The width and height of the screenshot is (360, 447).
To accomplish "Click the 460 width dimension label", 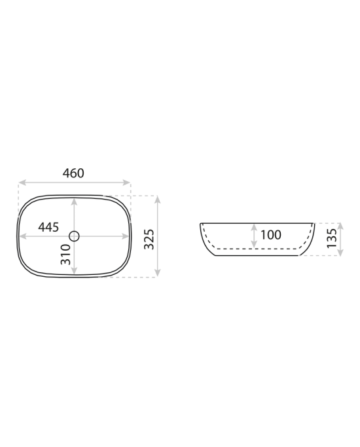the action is (x=73, y=173).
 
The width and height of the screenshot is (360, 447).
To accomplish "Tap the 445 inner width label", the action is (x=48, y=227).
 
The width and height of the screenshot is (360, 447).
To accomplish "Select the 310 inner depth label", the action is (x=65, y=255).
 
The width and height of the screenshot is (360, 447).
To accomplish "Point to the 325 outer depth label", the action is (x=149, y=239).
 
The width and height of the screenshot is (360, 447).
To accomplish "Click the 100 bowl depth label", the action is (x=271, y=235).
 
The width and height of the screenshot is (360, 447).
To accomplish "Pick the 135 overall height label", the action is (x=332, y=238).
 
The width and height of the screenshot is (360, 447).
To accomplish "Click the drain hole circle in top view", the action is (x=74, y=236).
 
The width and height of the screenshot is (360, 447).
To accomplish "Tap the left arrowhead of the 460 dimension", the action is (x=22, y=183).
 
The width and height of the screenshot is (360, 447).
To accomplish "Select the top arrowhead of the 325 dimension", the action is (x=158, y=200).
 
